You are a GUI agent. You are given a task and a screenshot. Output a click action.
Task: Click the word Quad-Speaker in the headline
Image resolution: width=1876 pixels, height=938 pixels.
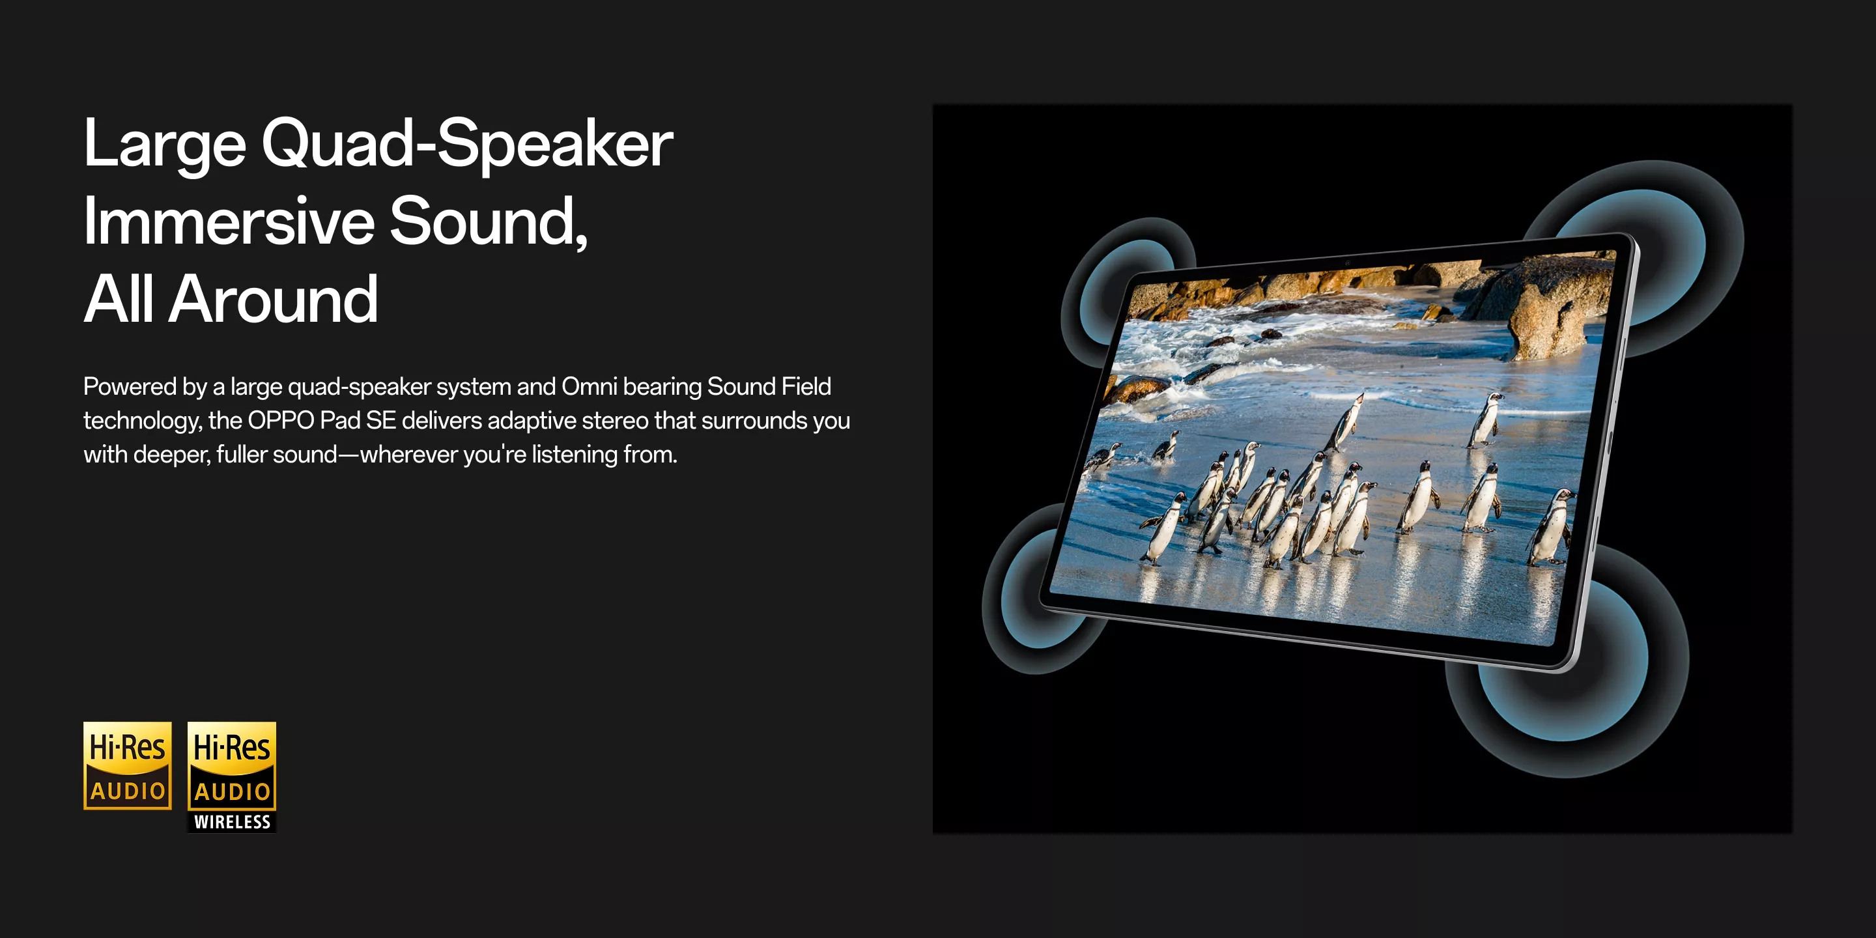(x=467, y=144)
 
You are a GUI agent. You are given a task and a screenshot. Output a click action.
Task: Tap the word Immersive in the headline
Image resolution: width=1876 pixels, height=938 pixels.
(x=229, y=221)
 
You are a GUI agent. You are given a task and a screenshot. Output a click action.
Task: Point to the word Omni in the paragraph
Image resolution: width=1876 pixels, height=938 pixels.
(x=589, y=387)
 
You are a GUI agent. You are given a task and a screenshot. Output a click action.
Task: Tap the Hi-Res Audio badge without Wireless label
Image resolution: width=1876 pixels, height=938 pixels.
(x=128, y=765)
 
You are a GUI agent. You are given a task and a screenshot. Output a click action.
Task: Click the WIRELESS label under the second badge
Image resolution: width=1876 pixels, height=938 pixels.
(x=233, y=821)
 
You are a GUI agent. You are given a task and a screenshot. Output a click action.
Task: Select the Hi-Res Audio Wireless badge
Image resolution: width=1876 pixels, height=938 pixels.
(x=232, y=777)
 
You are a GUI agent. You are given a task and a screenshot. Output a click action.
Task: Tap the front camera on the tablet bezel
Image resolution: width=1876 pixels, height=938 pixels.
(x=1347, y=262)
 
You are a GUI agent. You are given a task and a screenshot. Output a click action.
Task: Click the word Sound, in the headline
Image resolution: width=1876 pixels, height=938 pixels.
(x=489, y=221)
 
